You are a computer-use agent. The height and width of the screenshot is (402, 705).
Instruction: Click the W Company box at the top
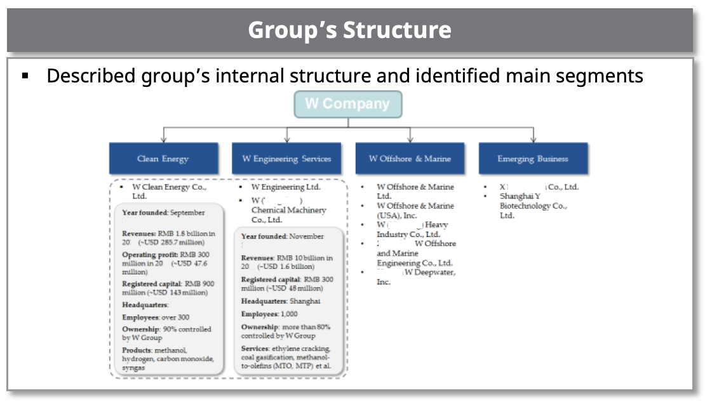pyautogui.click(x=347, y=104)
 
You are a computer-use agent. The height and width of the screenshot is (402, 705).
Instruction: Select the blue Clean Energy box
pyautogui.click(x=163, y=159)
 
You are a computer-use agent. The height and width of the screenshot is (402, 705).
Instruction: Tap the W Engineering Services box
pyautogui.click(x=287, y=159)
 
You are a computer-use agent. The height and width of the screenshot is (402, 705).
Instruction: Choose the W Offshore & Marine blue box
pyautogui.click(x=410, y=159)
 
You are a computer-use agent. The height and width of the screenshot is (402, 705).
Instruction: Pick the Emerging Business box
pyautogui.click(x=533, y=159)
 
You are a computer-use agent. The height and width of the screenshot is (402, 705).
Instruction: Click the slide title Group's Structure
pyautogui.click(x=349, y=30)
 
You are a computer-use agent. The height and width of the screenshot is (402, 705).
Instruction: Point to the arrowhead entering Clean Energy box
pyautogui.click(x=163, y=139)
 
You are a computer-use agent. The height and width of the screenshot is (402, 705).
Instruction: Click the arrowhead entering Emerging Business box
pyautogui.click(x=533, y=139)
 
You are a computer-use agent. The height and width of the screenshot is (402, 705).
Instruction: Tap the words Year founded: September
pyautogui.click(x=163, y=213)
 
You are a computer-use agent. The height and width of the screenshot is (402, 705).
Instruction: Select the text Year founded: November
pyautogui.click(x=282, y=237)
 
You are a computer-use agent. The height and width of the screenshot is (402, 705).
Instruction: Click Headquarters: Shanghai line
pyautogui.click(x=280, y=301)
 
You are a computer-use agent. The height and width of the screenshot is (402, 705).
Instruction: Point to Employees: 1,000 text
pyautogui.click(x=269, y=314)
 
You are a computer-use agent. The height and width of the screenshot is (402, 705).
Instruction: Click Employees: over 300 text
pyautogui.click(x=156, y=317)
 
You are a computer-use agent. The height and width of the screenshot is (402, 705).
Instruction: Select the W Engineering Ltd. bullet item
pyautogui.click(x=286, y=187)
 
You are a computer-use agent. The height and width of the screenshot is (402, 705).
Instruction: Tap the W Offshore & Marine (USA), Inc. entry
pyautogui.click(x=415, y=211)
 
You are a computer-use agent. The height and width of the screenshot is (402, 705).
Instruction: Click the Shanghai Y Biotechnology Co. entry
pyautogui.click(x=533, y=206)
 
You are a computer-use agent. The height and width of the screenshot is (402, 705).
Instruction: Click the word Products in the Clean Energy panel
pyautogui.click(x=137, y=350)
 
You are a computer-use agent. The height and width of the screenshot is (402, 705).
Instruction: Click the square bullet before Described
pyautogui.click(x=25, y=76)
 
